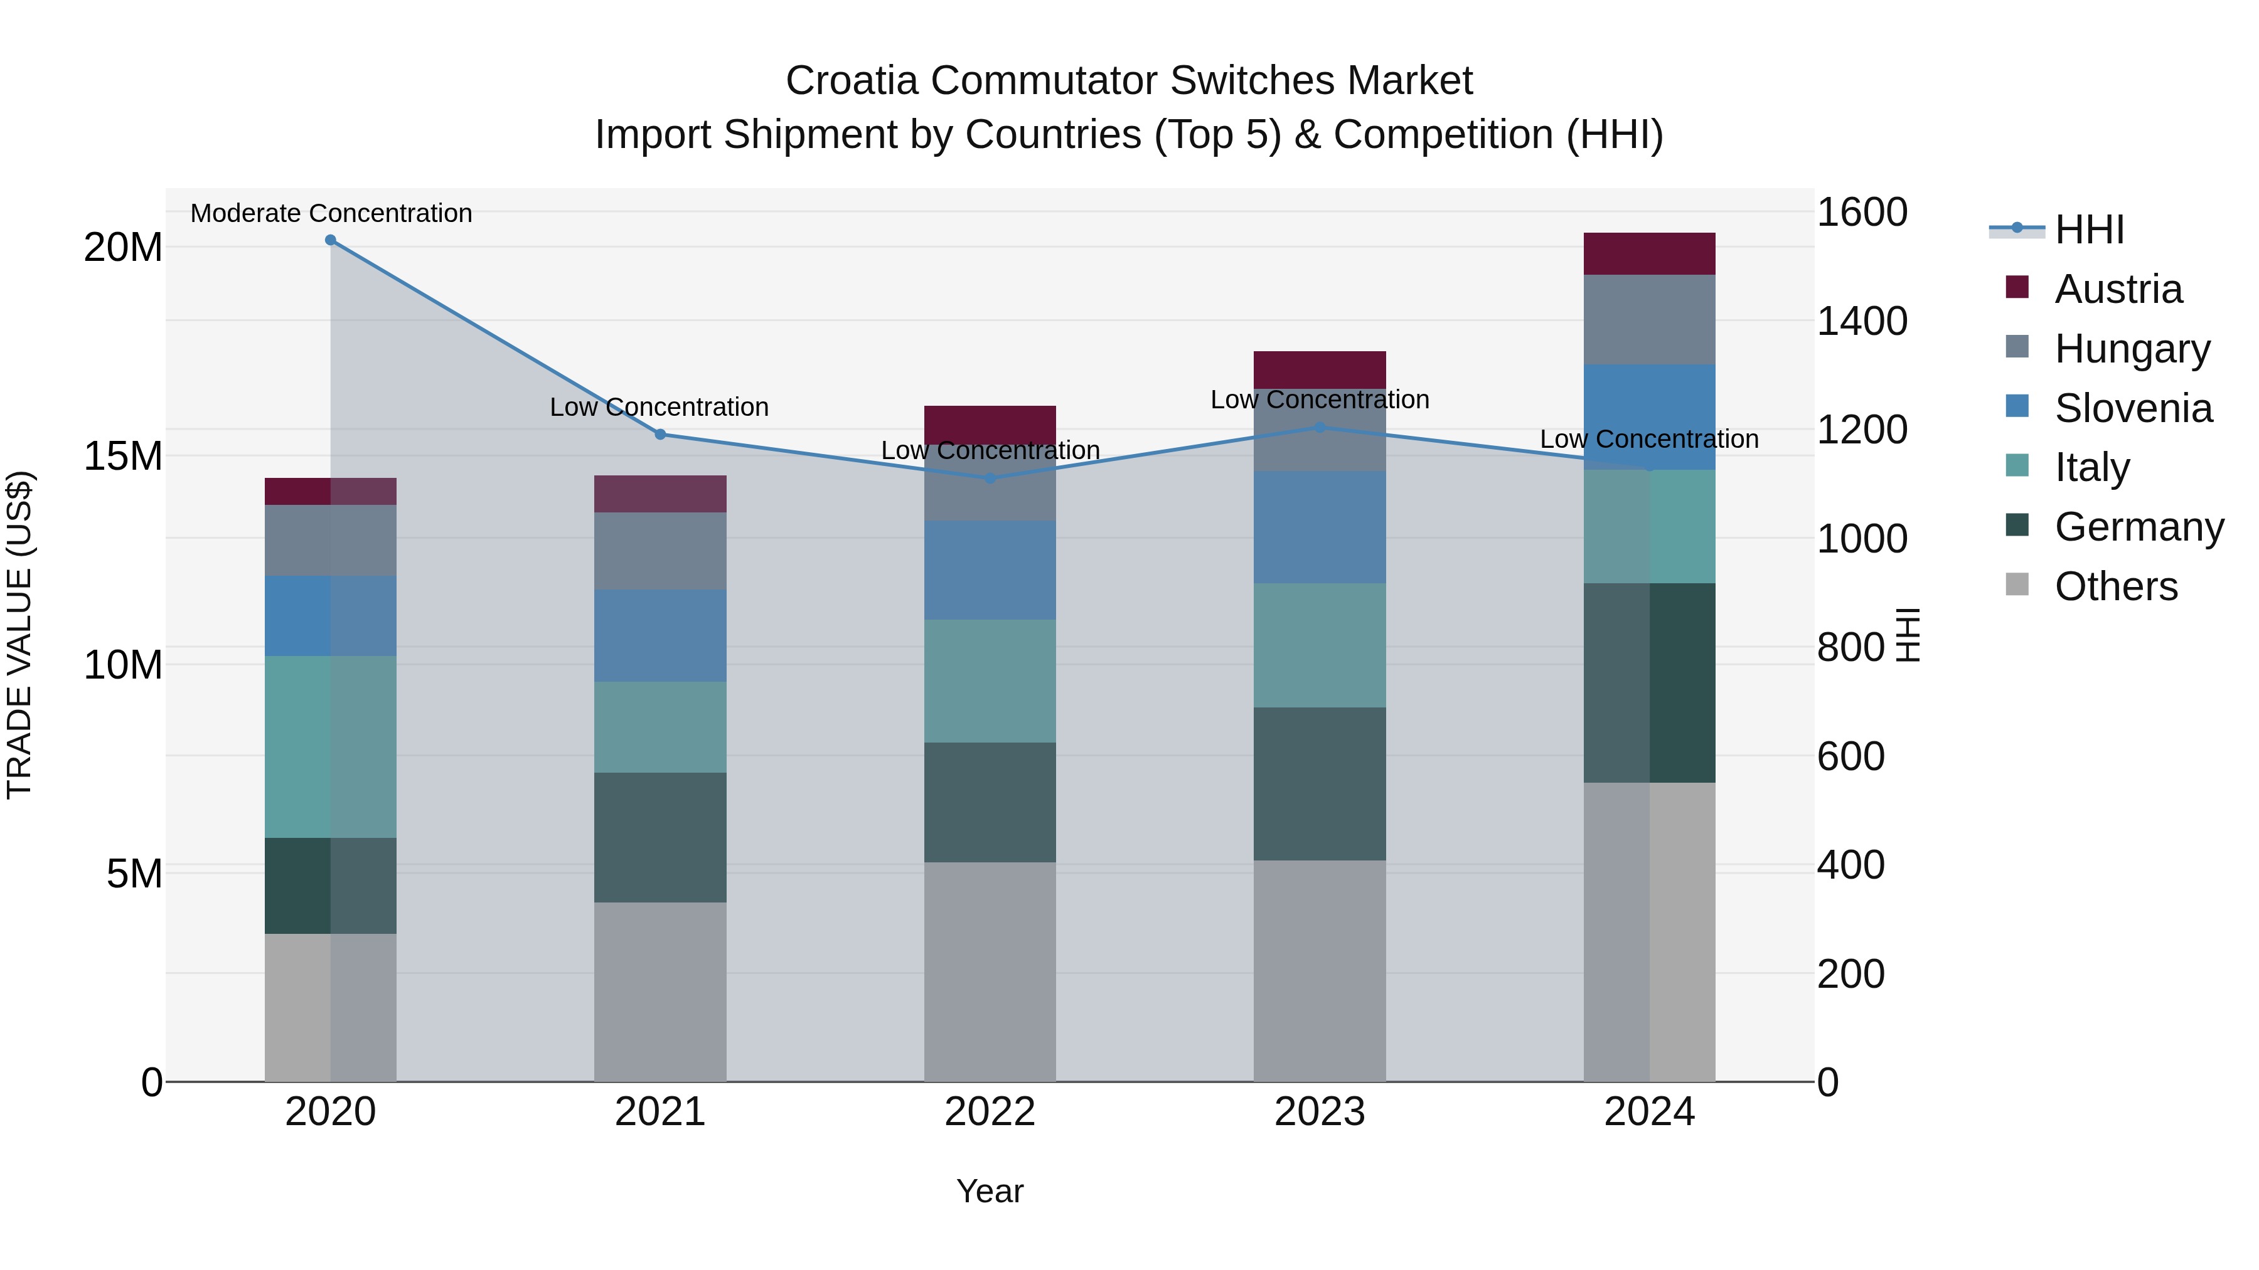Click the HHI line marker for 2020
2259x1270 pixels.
(x=331, y=240)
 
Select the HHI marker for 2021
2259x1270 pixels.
(x=660, y=434)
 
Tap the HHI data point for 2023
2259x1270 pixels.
(x=1320, y=428)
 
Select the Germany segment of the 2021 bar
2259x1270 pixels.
(x=660, y=837)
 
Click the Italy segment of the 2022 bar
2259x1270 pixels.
(x=990, y=681)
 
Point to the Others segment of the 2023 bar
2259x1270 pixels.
(x=1320, y=970)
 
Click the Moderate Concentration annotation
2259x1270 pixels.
(x=331, y=213)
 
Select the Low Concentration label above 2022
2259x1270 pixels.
(x=990, y=450)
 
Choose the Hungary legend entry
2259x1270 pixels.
(x=2131, y=349)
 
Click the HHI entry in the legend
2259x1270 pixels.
(x=2089, y=230)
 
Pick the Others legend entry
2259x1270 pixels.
(x=2115, y=586)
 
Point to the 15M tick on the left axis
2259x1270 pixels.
(x=123, y=456)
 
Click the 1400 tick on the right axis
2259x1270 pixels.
(x=1861, y=320)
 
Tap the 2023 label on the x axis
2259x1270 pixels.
(x=1320, y=1112)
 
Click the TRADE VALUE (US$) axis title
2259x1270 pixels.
(x=19, y=635)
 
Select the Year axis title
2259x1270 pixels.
(x=990, y=1191)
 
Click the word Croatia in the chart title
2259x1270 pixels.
(x=852, y=81)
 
